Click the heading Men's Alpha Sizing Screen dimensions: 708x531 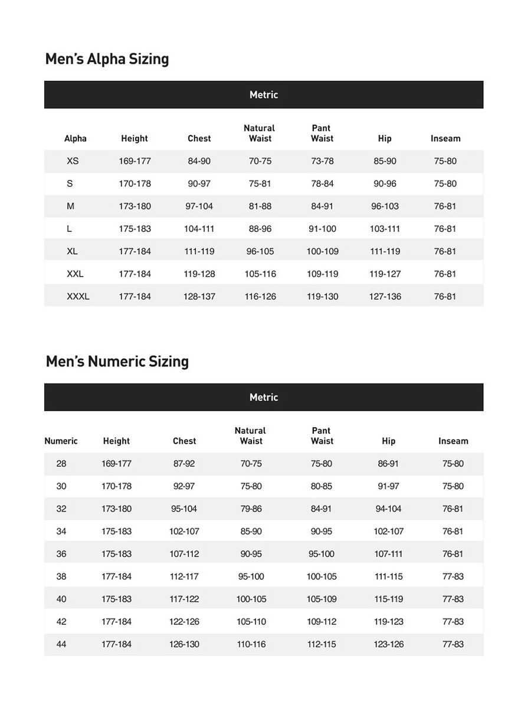click(107, 59)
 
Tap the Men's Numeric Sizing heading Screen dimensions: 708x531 click(117, 361)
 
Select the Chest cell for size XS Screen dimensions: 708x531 click(199, 161)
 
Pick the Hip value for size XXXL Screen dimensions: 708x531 click(385, 296)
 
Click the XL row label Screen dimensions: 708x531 click(72, 251)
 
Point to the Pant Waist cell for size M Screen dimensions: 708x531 click(322, 206)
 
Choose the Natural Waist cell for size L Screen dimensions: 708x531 click(260, 229)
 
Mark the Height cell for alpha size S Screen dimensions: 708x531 click(135, 183)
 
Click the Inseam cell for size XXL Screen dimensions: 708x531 click(445, 274)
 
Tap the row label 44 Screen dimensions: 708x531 click(61, 644)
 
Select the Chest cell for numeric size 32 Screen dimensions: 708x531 click(184, 509)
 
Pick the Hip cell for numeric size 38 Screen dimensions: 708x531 click(388, 576)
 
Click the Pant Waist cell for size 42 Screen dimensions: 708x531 click(322, 622)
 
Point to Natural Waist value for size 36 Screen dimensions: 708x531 click(251, 554)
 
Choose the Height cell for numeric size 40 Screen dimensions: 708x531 click(116, 599)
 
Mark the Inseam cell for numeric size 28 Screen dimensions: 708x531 click(453, 464)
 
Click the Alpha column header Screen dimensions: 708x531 click(75, 139)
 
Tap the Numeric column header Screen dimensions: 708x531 click(61, 441)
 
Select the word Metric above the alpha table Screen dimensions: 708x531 click(263, 95)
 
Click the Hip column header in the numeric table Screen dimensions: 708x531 click(388, 441)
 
